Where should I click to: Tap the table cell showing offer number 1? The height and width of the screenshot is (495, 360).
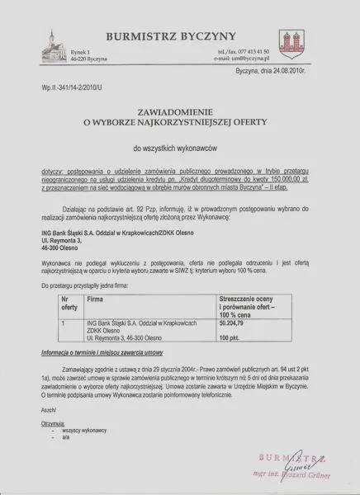64,325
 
